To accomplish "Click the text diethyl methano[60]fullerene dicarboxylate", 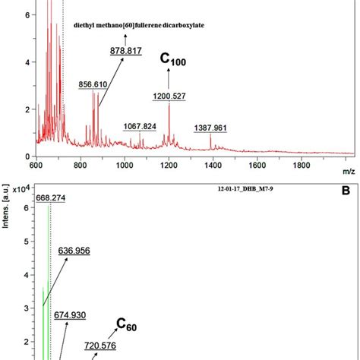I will click(x=144, y=24).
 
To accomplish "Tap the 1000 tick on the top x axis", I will click(x=124, y=164).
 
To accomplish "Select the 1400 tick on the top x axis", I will click(x=213, y=164).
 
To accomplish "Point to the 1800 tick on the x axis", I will click(x=302, y=164).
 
